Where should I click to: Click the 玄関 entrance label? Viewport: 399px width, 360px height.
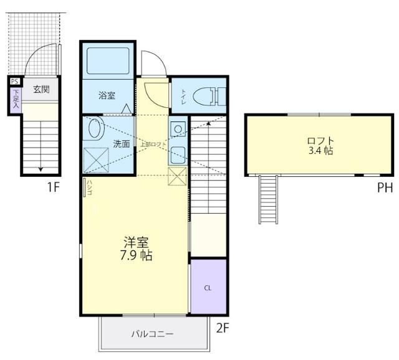pos(41,89)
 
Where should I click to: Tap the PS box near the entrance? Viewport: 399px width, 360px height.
pos(14,80)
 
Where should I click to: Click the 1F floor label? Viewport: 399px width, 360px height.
pos(52,187)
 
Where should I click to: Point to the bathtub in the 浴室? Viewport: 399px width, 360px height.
pos(107,60)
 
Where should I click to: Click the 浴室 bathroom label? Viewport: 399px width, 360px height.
pos(107,95)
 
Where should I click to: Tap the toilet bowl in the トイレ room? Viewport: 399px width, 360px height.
pos(206,97)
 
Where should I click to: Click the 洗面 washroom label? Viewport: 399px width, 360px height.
pos(121,144)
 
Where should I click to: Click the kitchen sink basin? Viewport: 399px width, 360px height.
pos(178,130)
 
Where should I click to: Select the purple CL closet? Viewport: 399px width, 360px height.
pos(208,288)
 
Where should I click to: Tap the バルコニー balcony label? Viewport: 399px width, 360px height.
pos(152,334)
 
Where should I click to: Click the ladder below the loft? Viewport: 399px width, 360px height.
pos(268,199)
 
